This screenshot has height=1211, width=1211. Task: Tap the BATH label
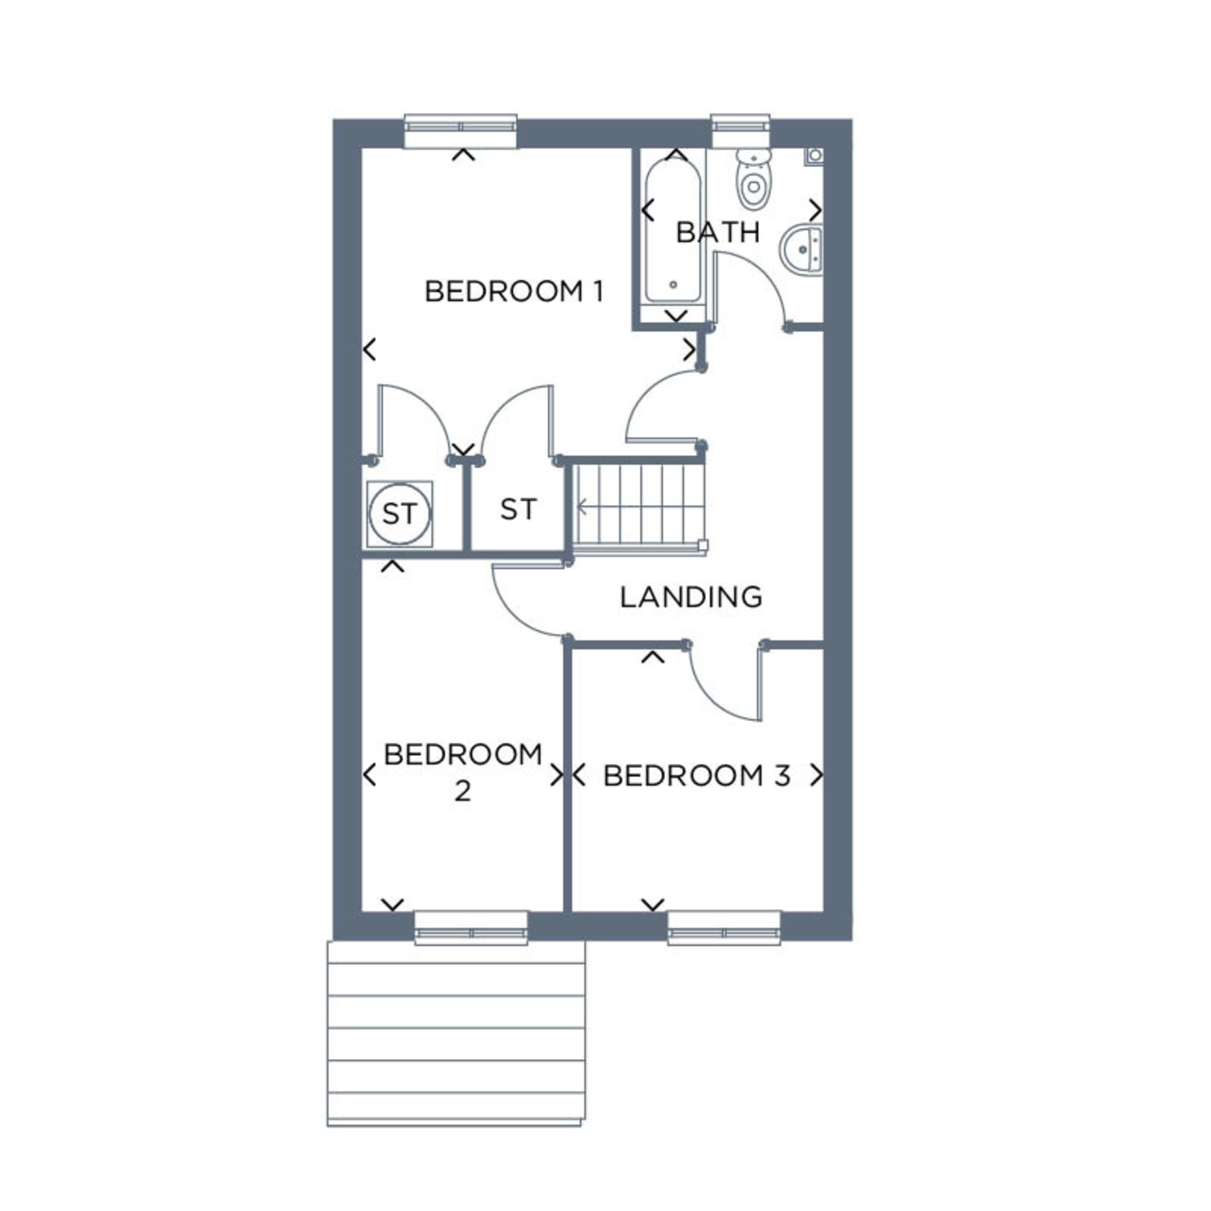coord(718,232)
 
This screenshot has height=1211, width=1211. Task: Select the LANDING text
coord(691,597)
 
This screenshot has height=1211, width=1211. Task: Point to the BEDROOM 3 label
coord(696,776)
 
